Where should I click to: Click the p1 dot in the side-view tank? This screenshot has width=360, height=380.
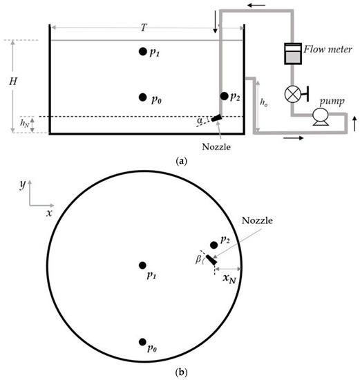(142, 51)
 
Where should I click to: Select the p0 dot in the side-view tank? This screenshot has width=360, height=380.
(142, 97)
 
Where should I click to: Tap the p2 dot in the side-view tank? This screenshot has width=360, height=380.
(224, 96)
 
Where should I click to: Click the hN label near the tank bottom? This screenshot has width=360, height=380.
(24, 124)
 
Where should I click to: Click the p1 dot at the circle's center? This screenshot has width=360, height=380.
(142, 265)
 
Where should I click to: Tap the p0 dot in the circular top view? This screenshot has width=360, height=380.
(142, 342)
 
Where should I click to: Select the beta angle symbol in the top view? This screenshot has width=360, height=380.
(198, 259)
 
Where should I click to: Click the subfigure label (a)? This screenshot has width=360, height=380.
(180, 160)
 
